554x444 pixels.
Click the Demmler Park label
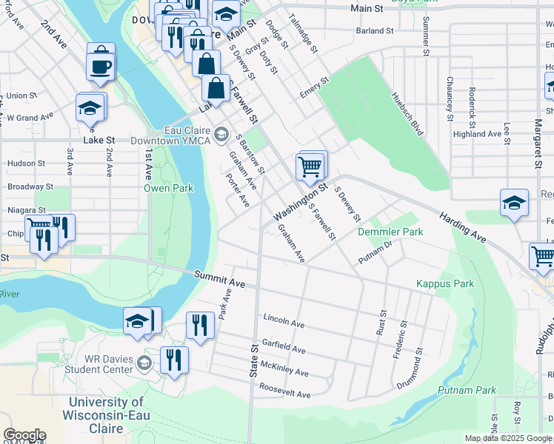tap(390, 232)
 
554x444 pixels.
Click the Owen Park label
tap(168, 188)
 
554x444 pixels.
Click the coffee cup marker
tap(101, 65)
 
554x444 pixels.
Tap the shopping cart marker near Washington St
tap(310, 166)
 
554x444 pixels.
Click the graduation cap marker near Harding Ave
tap(514, 203)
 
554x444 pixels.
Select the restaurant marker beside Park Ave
tap(199, 325)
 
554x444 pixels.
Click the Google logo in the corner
tap(24, 435)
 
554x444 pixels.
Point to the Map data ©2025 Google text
tap(508, 438)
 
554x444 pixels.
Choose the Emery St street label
tap(313, 88)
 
